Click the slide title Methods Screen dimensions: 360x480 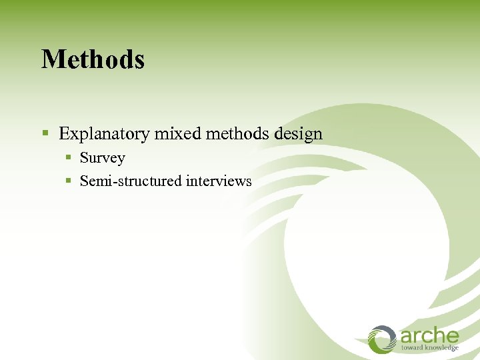[x=93, y=59]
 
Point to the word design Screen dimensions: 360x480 [x=298, y=134]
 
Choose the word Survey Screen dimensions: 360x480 [x=102, y=159]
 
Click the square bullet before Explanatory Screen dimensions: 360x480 [x=46, y=134]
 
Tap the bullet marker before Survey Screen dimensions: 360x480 [x=69, y=159]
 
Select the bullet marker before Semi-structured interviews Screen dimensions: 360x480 [x=69, y=181]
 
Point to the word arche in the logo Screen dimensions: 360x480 [x=429, y=335]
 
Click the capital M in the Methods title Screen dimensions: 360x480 [x=51, y=59]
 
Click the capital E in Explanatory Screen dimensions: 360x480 [x=64, y=134]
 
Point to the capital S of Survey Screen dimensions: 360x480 [x=84, y=159]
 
